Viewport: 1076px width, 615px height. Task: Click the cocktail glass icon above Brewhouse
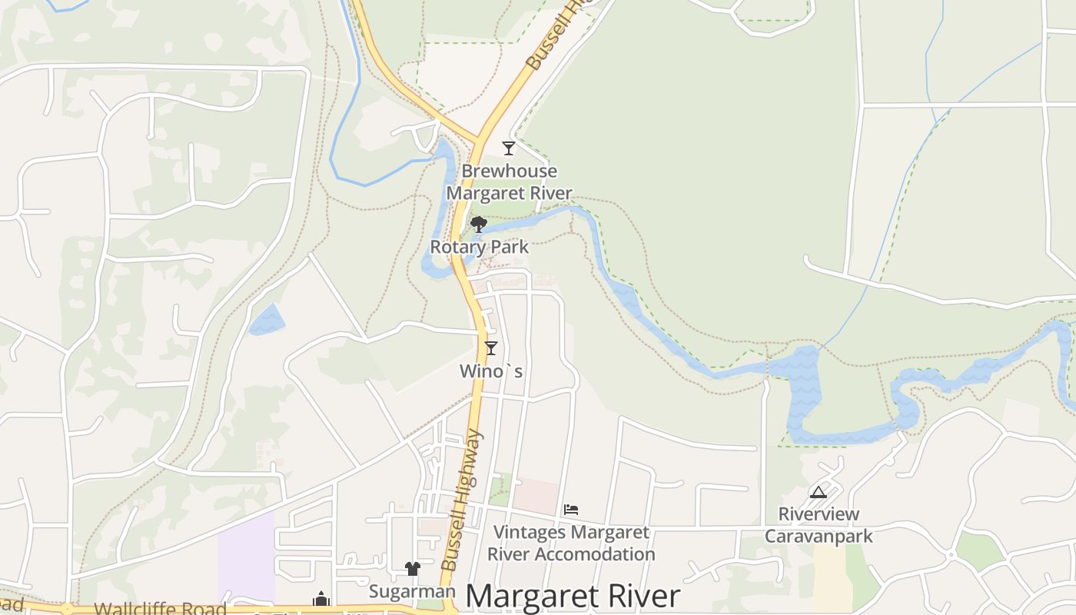[x=508, y=148]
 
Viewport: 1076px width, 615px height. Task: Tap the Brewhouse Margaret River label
[x=509, y=182]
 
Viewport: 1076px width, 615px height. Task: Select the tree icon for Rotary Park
[x=478, y=224]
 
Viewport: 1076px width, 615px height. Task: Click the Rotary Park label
[x=479, y=248]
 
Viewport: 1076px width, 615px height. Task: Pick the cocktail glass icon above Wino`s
[x=491, y=347]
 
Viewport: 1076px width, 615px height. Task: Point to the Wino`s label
[x=491, y=371]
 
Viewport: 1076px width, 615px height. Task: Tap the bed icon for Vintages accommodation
[x=571, y=509]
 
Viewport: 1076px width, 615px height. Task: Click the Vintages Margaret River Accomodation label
[x=571, y=543]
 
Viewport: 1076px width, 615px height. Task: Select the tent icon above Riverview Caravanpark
[x=819, y=492]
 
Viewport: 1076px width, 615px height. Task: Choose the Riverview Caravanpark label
[x=819, y=525]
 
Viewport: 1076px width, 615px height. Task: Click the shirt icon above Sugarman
[x=413, y=569]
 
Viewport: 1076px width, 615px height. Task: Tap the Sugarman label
[x=412, y=591]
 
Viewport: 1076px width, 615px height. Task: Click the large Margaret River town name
[x=573, y=597]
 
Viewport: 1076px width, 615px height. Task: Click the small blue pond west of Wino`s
[x=266, y=320]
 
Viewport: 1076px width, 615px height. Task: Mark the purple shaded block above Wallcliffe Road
[x=246, y=557]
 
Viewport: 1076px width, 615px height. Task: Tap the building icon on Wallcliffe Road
[x=320, y=599]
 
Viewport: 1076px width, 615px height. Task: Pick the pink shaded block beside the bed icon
[x=536, y=496]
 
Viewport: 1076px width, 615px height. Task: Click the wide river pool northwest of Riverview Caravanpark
[x=803, y=392]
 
